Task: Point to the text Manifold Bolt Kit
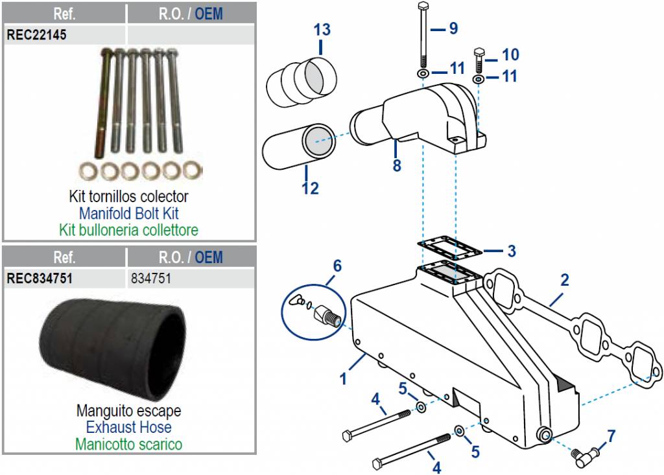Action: tap(128, 213)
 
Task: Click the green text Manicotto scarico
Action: tap(128, 445)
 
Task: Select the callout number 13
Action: tap(322, 30)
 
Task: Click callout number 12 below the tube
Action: tap(311, 188)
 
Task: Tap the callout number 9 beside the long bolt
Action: tap(453, 29)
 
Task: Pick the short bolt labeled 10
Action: tap(481, 60)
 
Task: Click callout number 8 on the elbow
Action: tap(396, 165)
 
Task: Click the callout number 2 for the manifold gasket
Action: tap(564, 281)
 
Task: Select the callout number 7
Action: tap(611, 436)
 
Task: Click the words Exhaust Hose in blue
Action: tap(128, 427)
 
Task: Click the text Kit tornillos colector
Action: tap(128, 196)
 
